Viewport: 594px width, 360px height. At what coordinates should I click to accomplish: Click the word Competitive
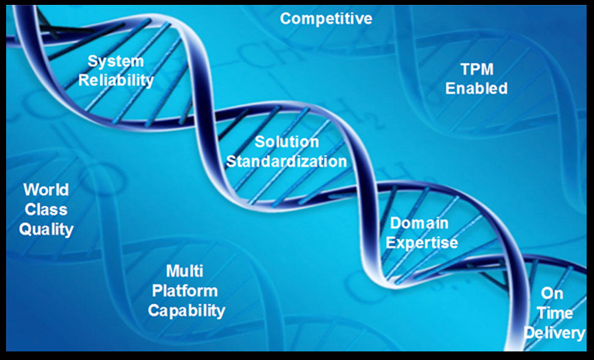(x=326, y=19)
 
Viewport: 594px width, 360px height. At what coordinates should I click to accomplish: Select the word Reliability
(x=116, y=81)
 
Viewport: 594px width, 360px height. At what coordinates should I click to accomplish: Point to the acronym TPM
(x=477, y=70)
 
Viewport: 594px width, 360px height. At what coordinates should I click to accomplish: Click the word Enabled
(x=476, y=88)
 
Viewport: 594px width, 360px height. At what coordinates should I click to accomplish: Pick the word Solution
(x=287, y=142)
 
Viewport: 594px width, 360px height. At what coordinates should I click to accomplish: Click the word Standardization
(x=287, y=162)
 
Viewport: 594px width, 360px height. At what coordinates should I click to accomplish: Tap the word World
(x=46, y=190)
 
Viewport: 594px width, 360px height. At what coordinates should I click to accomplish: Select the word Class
(x=46, y=209)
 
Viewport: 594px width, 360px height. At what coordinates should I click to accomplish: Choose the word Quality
(x=46, y=230)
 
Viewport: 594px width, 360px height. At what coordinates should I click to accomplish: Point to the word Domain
(x=419, y=223)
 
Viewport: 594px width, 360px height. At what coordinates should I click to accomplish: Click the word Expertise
(x=422, y=243)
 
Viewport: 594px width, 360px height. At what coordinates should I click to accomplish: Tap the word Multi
(x=184, y=271)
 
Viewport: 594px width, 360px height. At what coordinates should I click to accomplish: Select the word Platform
(x=185, y=291)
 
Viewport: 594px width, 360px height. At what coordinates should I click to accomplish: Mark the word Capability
(x=187, y=311)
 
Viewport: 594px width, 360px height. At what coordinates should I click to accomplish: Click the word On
(x=552, y=293)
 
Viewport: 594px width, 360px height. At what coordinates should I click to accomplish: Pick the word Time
(x=554, y=313)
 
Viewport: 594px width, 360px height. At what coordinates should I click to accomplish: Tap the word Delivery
(x=554, y=333)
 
